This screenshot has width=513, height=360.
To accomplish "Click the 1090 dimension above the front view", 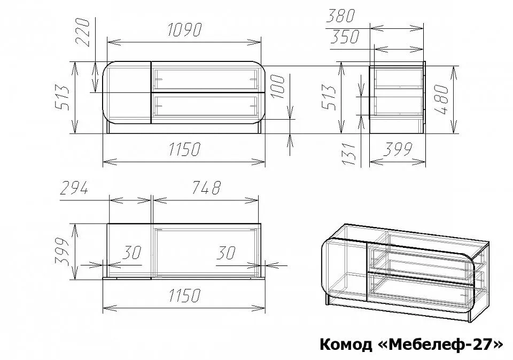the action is coord(185,30).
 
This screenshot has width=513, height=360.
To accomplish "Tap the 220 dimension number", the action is coord(82,33).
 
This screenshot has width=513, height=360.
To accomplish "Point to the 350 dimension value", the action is coord(345,37).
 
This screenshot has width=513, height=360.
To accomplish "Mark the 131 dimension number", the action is coord(349,154).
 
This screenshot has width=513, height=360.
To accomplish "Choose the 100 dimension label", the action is coord(278,87).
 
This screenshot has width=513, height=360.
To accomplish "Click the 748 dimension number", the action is coord(206,187).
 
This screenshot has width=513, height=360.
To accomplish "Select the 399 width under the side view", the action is coord(397,150).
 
